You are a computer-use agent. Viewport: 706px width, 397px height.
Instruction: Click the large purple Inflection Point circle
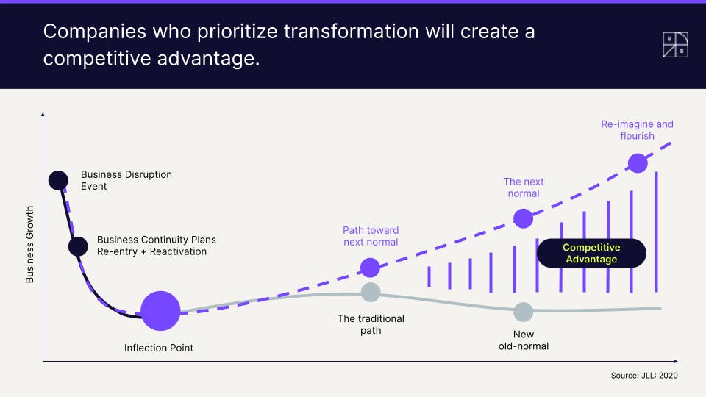(160, 310)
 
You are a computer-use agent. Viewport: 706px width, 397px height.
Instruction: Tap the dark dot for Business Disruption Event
(59, 181)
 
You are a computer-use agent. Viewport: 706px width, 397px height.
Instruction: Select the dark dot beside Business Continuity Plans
(79, 247)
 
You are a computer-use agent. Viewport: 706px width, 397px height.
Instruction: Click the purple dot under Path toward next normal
(370, 268)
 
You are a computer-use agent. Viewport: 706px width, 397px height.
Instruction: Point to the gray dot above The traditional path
(371, 292)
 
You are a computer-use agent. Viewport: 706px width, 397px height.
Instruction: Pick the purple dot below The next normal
(523, 218)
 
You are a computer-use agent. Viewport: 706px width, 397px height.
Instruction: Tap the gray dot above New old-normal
(523, 312)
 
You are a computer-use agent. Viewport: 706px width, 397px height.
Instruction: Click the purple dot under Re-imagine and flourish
(638, 163)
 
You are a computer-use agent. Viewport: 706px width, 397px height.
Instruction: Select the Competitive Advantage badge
(591, 253)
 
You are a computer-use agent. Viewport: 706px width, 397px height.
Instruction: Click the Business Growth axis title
(29, 244)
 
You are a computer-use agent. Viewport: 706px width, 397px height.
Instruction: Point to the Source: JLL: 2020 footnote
(644, 376)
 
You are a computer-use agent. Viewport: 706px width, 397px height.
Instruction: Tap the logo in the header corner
(675, 45)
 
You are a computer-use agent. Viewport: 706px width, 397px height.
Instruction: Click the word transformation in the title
(352, 32)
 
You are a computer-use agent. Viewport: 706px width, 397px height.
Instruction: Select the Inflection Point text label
(159, 348)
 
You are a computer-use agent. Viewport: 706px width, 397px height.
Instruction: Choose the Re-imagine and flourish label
(637, 129)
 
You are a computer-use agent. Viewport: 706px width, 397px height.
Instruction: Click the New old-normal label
(523, 340)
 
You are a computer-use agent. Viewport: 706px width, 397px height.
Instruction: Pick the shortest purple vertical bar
(429, 277)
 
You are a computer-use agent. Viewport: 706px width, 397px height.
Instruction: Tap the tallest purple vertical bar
(657, 232)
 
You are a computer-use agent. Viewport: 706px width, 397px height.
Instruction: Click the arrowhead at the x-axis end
(675, 361)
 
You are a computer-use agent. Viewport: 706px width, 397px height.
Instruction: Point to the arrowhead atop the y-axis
(43, 115)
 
